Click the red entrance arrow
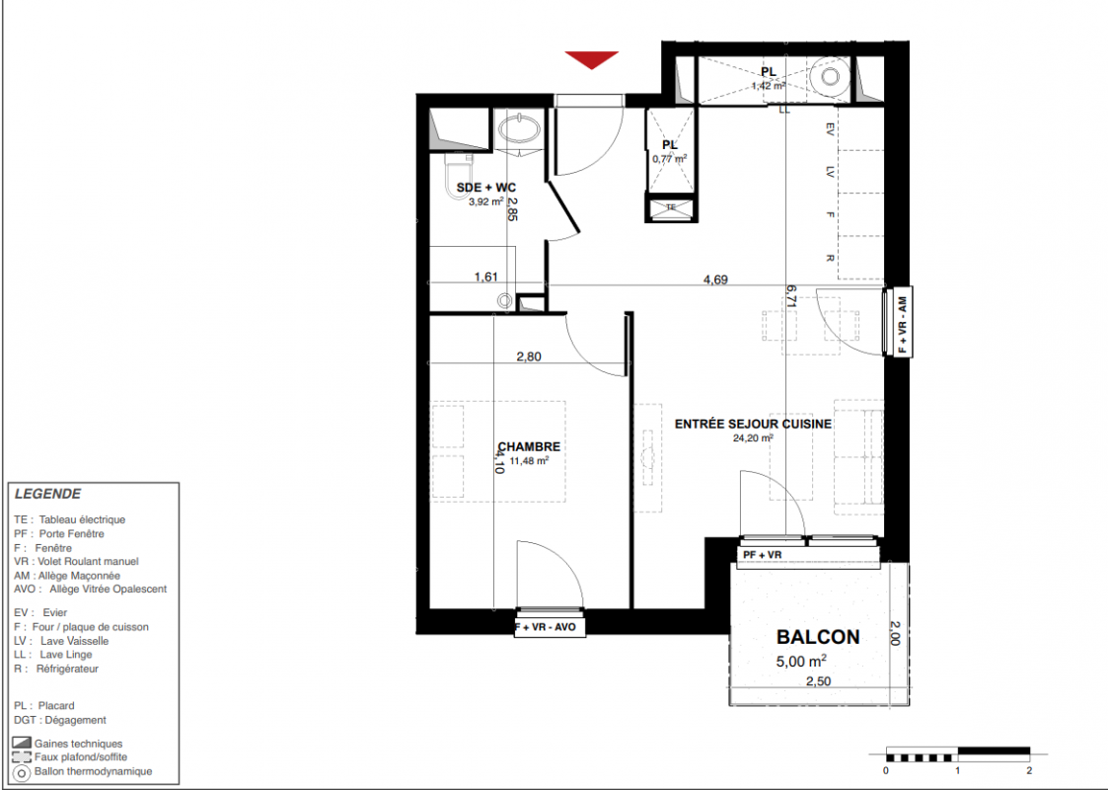pos(591,59)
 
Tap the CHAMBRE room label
pos(529,447)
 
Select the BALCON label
pos(818,637)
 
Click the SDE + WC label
pos(486,188)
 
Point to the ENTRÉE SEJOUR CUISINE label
pos(753,425)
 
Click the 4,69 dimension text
pos(715,280)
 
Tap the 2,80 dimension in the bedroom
pos(529,356)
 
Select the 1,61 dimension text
pos(486,277)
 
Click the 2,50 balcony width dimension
pos(818,681)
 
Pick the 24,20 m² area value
pos(753,438)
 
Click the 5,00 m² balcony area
pos(801,662)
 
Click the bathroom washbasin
pos(519,129)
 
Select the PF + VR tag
pos(763,555)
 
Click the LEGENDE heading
pos(48,494)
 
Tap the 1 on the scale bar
pos(957,770)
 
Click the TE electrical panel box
pos(671,207)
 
